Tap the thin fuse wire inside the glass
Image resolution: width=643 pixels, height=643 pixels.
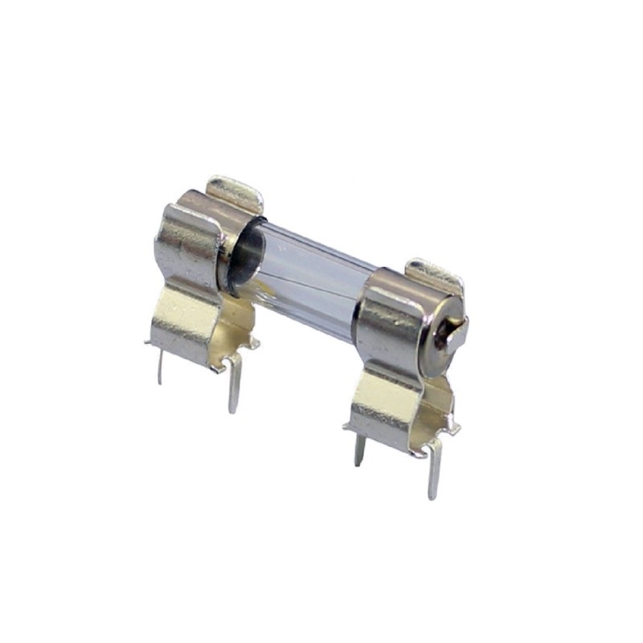coord(309,268)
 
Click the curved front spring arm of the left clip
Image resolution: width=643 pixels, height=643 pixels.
coord(185,241)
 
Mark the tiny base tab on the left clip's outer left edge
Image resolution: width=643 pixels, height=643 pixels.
coord(148,342)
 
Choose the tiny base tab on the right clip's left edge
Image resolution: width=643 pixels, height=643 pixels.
coord(346,427)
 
